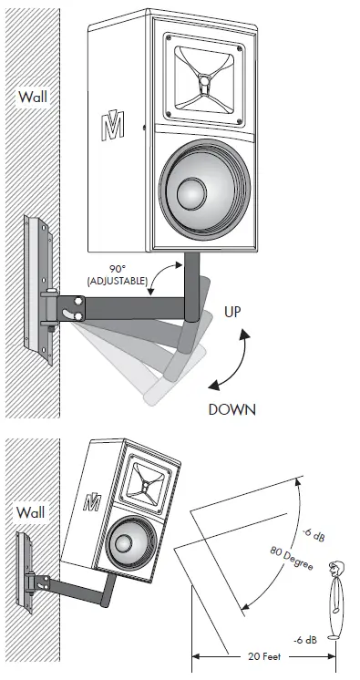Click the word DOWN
coord(231,409)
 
